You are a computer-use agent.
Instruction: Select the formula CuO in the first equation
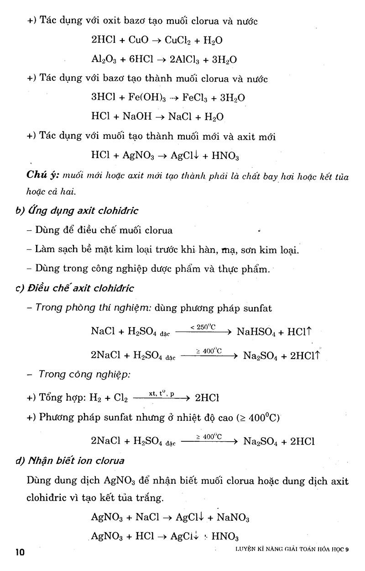pyautogui.click(x=139, y=40)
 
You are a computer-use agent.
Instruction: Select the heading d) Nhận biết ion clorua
pyautogui.click(x=70, y=460)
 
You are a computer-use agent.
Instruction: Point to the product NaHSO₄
pyautogui.click(x=258, y=332)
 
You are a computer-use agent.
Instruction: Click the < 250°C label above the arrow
pyautogui.click(x=203, y=327)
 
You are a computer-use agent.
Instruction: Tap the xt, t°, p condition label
pyautogui.click(x=161, y=393)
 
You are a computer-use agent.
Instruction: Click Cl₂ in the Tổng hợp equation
pyautogui.click(x=121, y=398)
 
